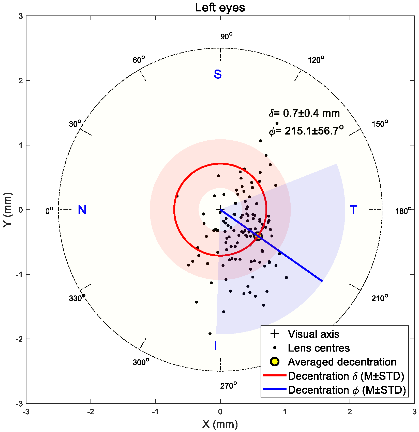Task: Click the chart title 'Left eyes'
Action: coord(220,8)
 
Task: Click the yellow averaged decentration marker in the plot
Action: coord(258,236)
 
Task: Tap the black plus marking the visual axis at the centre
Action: coord(220,210)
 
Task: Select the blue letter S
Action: coord(218,74)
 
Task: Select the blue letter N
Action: coord(82,210)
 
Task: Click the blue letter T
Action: coord(353,210)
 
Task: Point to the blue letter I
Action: coord(215,346)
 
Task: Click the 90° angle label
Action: coord(226,37)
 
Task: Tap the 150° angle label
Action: coord(380,124)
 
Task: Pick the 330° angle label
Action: coord(77,298)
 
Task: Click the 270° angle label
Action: coord(228,386)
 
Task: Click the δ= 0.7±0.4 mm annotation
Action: coord(304,113)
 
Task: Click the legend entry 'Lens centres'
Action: coord(319,348)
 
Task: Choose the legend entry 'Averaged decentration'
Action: coord(342,362)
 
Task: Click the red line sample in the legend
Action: coord(274,375)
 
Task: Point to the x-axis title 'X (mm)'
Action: coord(220,424)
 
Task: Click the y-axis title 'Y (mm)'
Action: coord(8,210)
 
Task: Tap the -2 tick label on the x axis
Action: coord(91,412)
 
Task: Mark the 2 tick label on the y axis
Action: coord(21,80)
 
